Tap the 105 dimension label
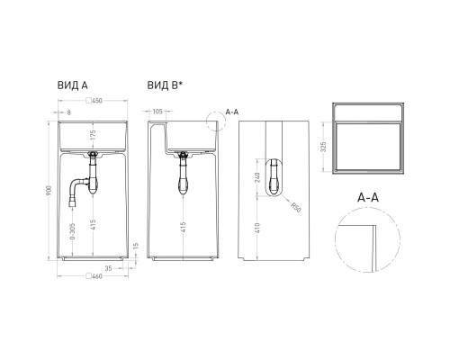159,112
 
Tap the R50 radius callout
297,209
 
